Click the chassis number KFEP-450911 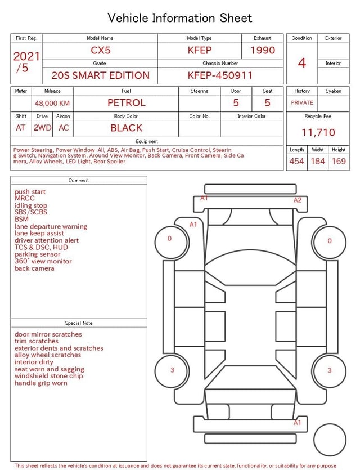(220, 75)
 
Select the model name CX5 (101, 50)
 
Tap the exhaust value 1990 (263, 50)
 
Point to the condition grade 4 (302, 63)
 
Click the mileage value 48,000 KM (52, 104)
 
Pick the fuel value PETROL (127, 103)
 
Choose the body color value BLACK (127, 128)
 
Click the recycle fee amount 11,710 (318, 132)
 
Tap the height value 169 (339, 161)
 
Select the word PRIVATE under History (302, 102)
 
